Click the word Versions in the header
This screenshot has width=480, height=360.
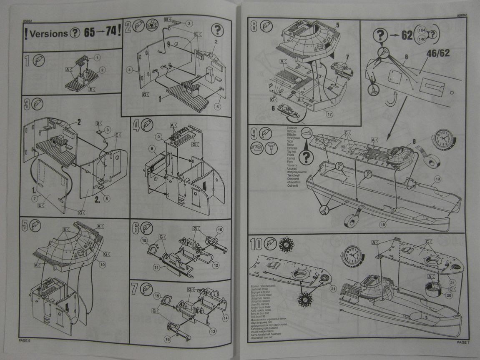49,33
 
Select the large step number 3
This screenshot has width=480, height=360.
27,104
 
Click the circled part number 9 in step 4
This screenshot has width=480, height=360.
159,136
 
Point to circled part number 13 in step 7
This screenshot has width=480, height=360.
213,332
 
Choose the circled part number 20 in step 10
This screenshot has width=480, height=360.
449,295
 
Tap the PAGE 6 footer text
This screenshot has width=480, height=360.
25,340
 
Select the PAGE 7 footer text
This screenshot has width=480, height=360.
463,342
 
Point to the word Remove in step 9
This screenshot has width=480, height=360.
291,131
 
